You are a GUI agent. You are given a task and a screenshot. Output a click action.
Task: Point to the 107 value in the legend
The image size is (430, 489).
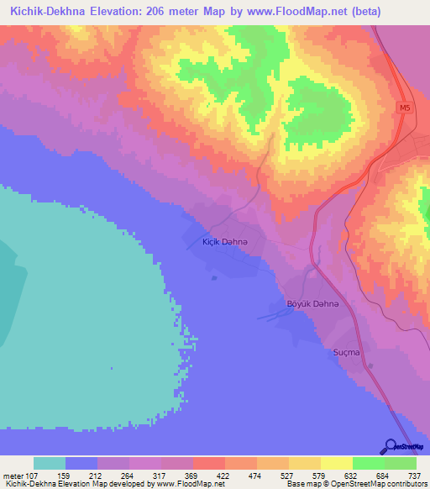[33, 475]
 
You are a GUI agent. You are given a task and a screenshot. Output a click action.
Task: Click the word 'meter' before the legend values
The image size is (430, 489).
[13, 475]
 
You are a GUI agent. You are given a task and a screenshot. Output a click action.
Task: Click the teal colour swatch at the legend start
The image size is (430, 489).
[50, 463]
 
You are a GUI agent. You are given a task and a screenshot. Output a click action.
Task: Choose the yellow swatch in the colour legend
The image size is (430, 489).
[336, 463]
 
